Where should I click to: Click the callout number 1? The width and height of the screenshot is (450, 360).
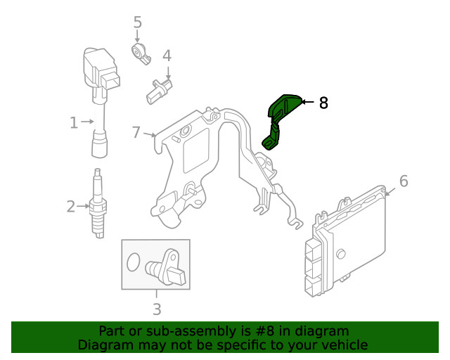click(x=74, y=123)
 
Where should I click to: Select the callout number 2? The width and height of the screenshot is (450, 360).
click(x=71, y=207)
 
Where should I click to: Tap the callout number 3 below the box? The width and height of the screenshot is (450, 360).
click(x=157, y=309)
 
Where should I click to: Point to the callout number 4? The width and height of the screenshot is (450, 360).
click(x=167, y=56)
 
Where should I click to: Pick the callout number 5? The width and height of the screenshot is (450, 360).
click(x=137, y=22)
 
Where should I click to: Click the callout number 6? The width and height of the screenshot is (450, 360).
click(x=403, y=181)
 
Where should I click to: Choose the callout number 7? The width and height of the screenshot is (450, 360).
click(x=137, y=131)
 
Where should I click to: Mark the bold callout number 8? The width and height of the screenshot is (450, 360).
click(x=323, y=103)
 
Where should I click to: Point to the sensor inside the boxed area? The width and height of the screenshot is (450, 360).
click(x=167, y=266)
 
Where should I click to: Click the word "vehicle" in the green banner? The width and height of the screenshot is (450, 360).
click(x=342, y=345)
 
